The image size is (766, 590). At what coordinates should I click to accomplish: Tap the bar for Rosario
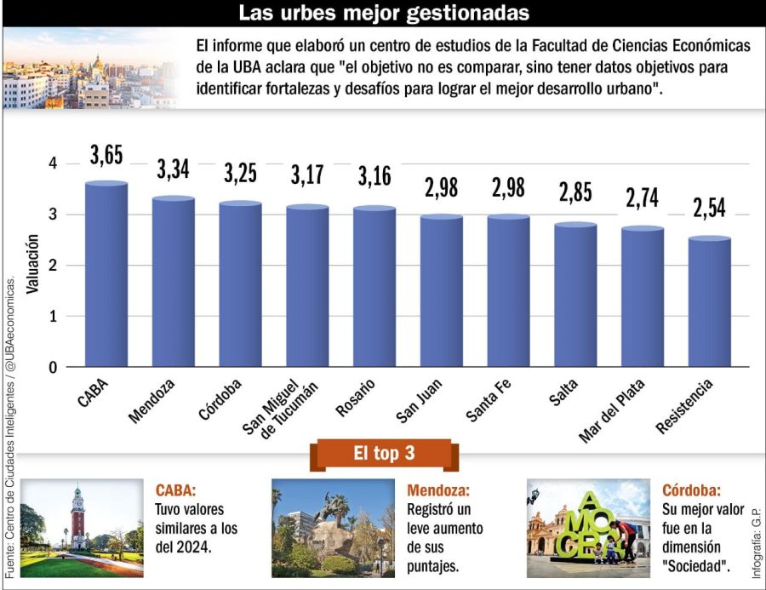click(x=374, y=287)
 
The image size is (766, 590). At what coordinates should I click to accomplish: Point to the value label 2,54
click(x=709, y=208)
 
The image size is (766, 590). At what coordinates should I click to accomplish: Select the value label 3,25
click(x=241, y=173)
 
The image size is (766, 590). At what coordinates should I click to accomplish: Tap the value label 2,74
click(x=643, y=198)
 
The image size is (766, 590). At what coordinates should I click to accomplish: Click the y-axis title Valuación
click(x=31, y=265)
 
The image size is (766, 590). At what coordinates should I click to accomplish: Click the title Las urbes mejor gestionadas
click(x=383, y=13)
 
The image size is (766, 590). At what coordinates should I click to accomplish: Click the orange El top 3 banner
click(x=383, y=454)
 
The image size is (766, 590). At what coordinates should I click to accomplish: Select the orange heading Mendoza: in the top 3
click(x=437, y=490)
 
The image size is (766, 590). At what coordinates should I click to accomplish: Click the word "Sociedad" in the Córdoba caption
click(x=695, y=565)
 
